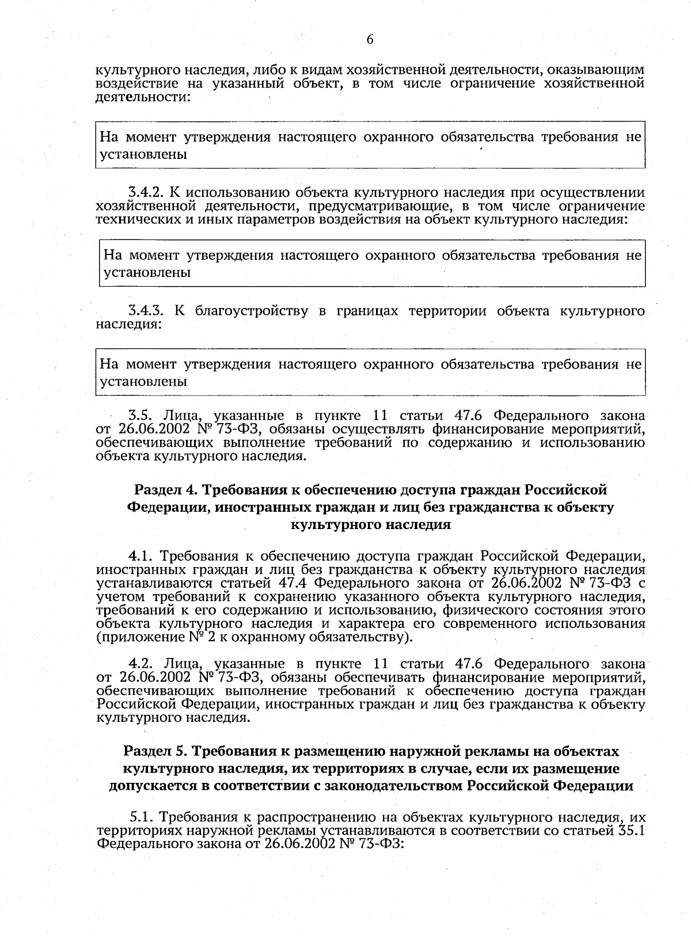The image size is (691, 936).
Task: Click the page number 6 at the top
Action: coord(370,39)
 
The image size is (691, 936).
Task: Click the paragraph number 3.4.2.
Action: coord(146,192)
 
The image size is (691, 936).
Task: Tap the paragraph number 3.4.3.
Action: coord(146,311)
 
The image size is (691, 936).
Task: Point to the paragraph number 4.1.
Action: coord(140,556)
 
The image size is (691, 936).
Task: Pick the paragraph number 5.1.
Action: coord(141,817)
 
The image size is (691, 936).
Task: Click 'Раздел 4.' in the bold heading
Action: coord(159,490)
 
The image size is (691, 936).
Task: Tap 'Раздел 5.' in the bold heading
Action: coord(149,752)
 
